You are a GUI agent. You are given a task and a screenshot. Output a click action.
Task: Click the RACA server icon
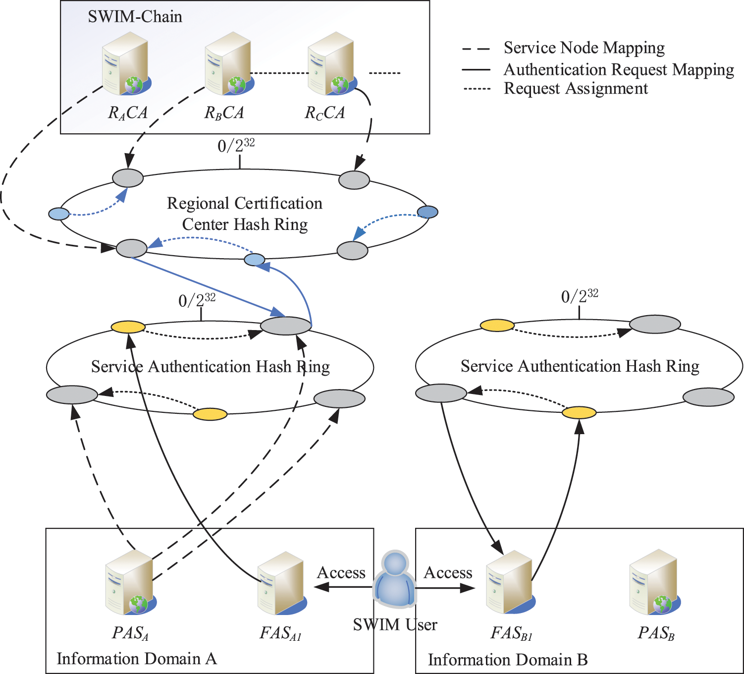click(126, 64)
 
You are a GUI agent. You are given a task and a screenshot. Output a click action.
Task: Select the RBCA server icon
click(229, 64)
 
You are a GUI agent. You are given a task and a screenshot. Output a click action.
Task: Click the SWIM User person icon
click(394, 580)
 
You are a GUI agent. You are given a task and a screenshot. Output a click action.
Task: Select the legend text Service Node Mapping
click(584, 48)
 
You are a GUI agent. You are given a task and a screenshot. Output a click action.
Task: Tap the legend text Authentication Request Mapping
click(619, 70)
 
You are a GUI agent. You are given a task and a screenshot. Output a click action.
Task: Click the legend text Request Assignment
click(576, 89)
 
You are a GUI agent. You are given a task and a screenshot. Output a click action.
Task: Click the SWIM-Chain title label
click(135, 17)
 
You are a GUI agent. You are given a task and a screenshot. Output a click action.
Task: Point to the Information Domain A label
click(137, 659)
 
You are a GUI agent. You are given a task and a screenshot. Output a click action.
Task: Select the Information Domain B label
click(508, 660)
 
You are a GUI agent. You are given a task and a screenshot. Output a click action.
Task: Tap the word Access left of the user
click(341, 573)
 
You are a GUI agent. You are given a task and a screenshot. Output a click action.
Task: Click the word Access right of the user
click(448, 573)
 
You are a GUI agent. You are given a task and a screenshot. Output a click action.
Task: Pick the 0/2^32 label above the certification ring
click(236, 145)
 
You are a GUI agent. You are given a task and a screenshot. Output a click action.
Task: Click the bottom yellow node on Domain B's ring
click(579, 412)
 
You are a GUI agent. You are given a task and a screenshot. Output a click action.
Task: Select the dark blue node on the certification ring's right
click(427, 212)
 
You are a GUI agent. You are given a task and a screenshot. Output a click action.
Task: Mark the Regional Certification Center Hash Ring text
click(245, 214)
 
